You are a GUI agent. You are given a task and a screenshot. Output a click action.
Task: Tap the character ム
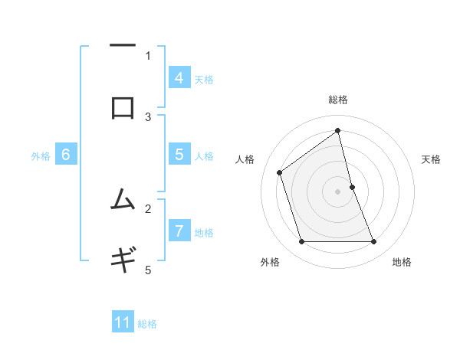[123, 201]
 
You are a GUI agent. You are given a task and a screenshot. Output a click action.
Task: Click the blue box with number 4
[179, 78]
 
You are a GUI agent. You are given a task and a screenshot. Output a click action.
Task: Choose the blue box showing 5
[179, 155]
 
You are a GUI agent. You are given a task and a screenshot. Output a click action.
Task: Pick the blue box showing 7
[179, 231]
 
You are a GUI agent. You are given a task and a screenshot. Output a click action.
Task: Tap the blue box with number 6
[66, 155]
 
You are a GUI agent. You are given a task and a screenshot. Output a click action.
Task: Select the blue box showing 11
[123, 323]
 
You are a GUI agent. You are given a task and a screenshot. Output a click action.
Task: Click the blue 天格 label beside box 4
[204, 80]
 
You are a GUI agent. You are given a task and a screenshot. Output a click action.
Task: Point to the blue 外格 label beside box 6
[41, 156]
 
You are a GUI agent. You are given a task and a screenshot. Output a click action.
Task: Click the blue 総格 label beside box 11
[147, 324]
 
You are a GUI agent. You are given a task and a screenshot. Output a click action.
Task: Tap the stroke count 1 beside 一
[148, 55]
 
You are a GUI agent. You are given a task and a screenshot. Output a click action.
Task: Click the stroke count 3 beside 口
[148, 116]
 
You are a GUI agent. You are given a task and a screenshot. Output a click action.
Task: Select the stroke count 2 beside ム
[148, 208]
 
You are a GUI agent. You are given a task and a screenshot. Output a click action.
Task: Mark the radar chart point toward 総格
[337, 130]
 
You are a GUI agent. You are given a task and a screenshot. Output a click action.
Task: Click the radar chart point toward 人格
[280, 172]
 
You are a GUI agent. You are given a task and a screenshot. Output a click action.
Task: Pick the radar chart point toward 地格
[373, 242]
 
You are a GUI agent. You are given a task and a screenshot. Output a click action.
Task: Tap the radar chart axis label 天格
[431, 159]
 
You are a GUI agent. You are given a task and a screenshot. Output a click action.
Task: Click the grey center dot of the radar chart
[337, 191]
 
